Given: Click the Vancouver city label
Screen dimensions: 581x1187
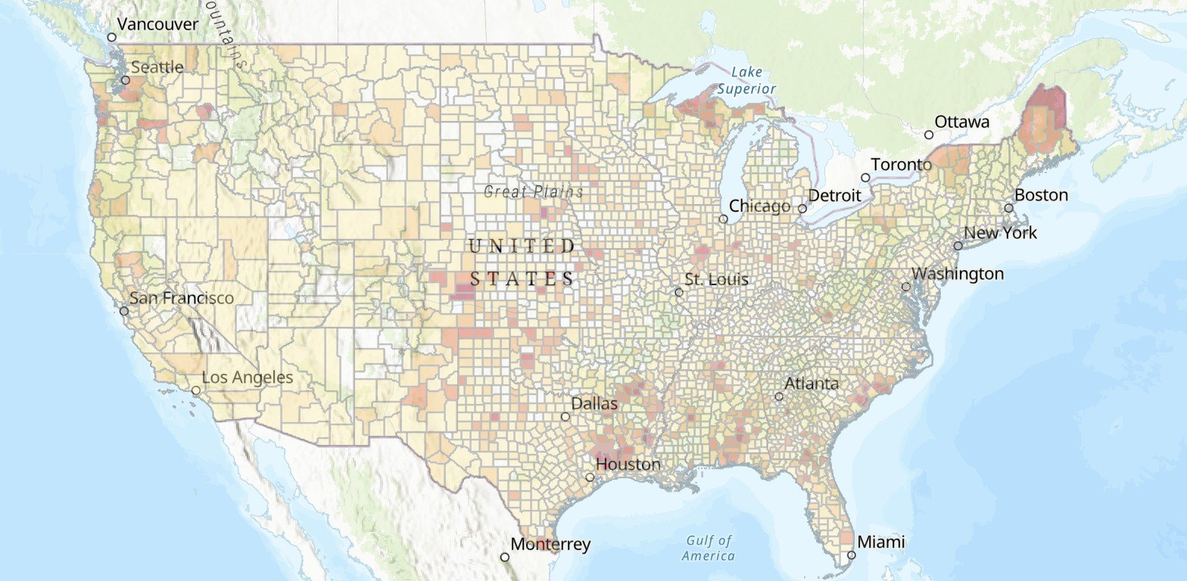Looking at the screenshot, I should coord(157,24).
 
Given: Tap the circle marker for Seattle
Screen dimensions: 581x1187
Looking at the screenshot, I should coord(126,79).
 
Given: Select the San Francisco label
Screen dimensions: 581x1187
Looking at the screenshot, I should coord(182,298).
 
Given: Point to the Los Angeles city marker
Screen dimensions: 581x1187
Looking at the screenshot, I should coord(196,390).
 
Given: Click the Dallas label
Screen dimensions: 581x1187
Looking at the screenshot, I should coord(594,403).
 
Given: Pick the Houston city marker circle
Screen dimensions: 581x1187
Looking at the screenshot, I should coord(590,477).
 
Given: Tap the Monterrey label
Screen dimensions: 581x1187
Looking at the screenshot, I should coord(550,544).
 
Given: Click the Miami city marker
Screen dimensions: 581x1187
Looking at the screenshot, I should coord(852,555).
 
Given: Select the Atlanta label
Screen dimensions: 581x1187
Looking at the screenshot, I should coord(812,384).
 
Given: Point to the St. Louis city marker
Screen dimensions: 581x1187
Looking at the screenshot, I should coord(679,292).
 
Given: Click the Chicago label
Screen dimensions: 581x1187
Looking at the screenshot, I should coord(759,206).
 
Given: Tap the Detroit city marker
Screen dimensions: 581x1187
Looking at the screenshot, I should coord(802,208).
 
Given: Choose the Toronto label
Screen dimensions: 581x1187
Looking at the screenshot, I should coord(901,164).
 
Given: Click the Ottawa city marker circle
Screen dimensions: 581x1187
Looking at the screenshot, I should coord(929,135).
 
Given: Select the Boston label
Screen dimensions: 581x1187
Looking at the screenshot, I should coord(1041,195).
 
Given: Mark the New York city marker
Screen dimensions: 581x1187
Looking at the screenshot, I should coord(958,246).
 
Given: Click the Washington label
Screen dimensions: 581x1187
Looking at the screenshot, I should coord(958,274).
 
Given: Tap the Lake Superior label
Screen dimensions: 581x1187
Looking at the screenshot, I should coord(747,80).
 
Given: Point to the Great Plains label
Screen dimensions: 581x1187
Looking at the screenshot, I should coord(534,191).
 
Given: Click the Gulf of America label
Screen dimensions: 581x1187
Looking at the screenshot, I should coord(709,548).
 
